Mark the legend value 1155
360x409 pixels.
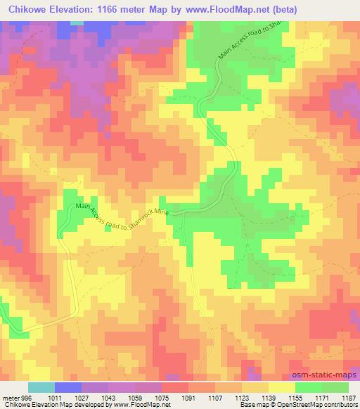tap(295, 396)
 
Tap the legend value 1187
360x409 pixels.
tap(347, 396)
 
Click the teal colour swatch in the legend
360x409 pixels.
tap(41, 387)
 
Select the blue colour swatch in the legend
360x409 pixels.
tap(68, 387)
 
